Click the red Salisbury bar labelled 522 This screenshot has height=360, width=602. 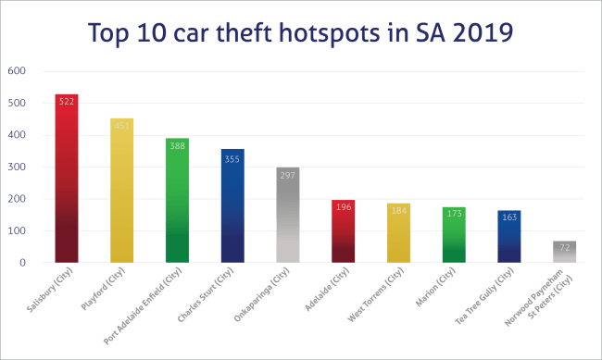[x=67, y=185]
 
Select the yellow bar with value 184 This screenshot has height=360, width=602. [x=398, y=235]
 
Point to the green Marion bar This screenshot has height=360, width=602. [x=454, y=237]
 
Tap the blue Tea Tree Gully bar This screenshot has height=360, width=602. [x=509, y=239]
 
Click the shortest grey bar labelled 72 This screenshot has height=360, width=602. [x=565, y=253]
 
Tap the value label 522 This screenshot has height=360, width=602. [x=67, y=101]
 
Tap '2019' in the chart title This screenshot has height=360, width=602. [x=481, y=34]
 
